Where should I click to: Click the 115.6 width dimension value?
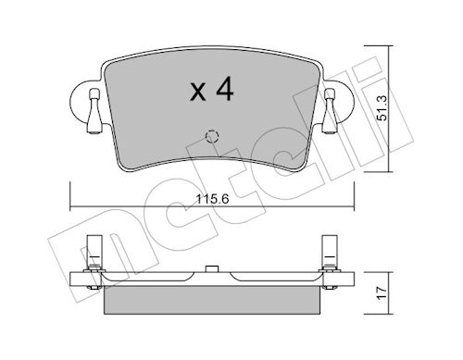coord(212,199)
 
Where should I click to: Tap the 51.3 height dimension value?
coord(382,108)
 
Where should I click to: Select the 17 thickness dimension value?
coord(382,292)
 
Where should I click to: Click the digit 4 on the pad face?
coord(225,89)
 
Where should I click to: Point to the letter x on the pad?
coord(198,92)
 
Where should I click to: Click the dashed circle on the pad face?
coord(212,136)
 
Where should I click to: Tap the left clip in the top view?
coord(94,111)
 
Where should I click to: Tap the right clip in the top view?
coord(330,111)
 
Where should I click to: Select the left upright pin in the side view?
coord(94,252)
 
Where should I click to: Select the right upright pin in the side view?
coord(330,252)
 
